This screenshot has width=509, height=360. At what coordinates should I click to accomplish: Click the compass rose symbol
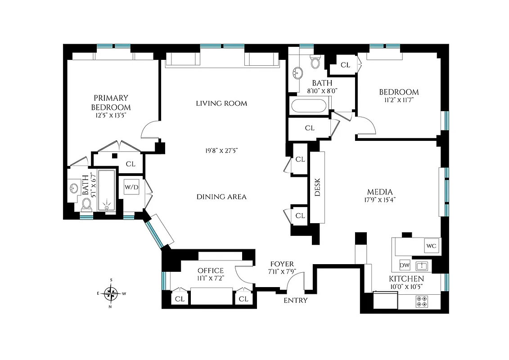tap(111, 294)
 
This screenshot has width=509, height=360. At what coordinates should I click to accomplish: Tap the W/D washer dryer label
tap(131, 186)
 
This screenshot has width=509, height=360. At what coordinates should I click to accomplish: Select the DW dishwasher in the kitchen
tap(404, 265)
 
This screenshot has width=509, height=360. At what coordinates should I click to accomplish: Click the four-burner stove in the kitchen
tap(422, 301)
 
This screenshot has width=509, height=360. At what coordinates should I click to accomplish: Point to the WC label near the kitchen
tap(431, 246)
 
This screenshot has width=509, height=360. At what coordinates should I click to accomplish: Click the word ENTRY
tap(296, 300)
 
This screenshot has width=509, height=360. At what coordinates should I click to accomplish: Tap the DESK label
tap(317, 187)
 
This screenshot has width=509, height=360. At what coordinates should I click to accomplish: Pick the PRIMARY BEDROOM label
tap(111, 103)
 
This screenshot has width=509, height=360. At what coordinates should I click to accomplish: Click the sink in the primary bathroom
tap(74, 188)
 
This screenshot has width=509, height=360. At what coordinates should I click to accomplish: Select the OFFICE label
tap(211, 270)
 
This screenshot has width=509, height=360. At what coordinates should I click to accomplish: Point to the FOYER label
tap(282, 264)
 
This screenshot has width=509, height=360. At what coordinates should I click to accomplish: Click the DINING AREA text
tap(221, 197)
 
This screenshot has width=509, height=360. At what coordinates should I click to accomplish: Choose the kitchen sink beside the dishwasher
tap(422, 265)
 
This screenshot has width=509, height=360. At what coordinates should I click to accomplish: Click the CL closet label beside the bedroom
tap(345, 65)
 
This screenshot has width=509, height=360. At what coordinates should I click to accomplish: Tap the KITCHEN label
tap(406, 279)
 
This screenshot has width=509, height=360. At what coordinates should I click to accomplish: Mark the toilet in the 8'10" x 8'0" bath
tap(315, 62)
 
